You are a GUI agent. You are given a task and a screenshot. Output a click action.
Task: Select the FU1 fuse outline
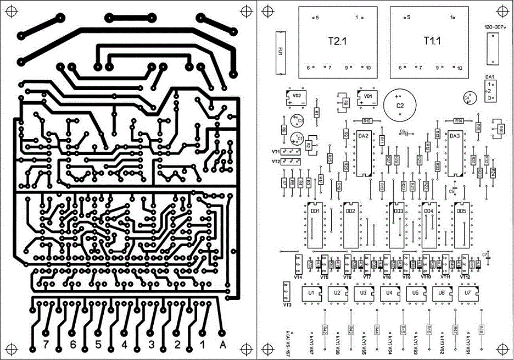281,52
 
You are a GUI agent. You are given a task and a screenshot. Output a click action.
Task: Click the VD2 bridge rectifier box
296,98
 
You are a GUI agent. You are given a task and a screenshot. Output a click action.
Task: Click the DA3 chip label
454,136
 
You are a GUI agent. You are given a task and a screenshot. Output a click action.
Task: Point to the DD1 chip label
315,210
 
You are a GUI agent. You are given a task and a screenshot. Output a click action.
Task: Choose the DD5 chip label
461,210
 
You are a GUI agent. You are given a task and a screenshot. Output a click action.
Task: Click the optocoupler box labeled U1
311,293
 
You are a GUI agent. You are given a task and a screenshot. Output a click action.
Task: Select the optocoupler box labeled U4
389,293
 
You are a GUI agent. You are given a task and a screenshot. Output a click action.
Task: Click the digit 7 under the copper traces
46,345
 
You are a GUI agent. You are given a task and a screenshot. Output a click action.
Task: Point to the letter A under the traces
222,345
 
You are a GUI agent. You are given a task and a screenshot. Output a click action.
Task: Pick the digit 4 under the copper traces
125,345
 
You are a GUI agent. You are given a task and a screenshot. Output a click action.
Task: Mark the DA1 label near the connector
490,76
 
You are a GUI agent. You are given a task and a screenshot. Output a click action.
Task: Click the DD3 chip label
399,211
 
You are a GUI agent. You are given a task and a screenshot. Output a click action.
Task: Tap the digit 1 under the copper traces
203,345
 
